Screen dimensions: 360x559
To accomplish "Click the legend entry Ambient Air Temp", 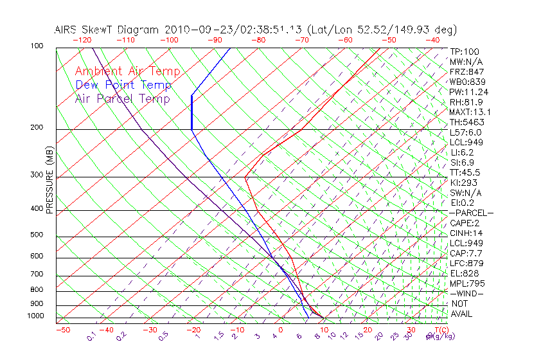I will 127,71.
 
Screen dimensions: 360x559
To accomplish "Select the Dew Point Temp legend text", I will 123,85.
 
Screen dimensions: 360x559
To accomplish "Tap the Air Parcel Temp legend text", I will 122,98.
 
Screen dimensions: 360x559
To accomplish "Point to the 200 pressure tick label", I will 37,127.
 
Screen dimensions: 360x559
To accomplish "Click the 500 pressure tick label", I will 37,235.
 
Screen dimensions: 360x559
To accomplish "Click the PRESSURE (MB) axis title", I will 49,181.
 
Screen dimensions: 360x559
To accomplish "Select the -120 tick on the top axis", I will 82,40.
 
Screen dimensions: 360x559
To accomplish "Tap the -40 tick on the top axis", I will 432,40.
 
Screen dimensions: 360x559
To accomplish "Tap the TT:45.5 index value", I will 465,172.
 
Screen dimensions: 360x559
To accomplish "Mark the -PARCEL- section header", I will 472,213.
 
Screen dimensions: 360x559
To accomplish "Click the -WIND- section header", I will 467,293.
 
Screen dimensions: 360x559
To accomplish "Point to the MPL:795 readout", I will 466,283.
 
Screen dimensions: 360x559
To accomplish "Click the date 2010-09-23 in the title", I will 191,30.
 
